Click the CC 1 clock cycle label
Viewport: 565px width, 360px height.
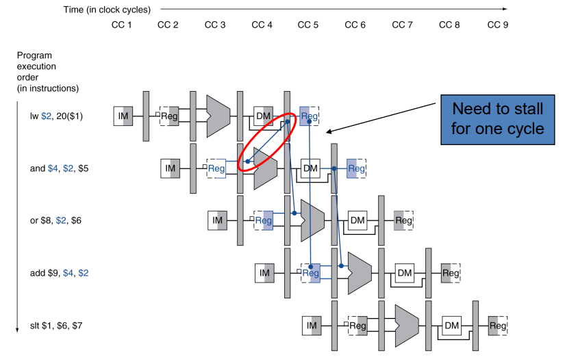pos(121,25)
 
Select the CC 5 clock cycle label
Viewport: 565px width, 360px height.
pos(307,25)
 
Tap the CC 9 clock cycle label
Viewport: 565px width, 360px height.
pos(498,25)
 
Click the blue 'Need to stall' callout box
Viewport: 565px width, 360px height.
pos(498,120)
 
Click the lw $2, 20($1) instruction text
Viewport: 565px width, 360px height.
pos(56,116)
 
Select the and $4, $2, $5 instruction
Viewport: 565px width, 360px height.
pos(59,168)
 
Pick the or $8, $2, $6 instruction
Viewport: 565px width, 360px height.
pos(55,220)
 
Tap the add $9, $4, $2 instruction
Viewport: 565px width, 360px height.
pos(59,273)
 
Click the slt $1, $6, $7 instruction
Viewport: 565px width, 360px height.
pos(56,326)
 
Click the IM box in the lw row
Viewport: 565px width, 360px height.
pos(123,116)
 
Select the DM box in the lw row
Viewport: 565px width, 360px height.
pos(263,116)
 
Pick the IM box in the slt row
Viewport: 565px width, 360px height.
pos(312,326)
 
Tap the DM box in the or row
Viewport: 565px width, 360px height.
pos(357,220)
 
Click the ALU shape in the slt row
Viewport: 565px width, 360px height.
pos(407,326)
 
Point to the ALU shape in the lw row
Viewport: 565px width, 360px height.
pos(218,116)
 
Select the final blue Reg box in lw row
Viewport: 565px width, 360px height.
pos(309,116)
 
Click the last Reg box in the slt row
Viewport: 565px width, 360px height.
pos(498,326)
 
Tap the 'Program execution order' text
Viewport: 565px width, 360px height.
pos(47,72)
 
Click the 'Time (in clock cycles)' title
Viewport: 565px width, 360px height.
pos(107,10)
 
